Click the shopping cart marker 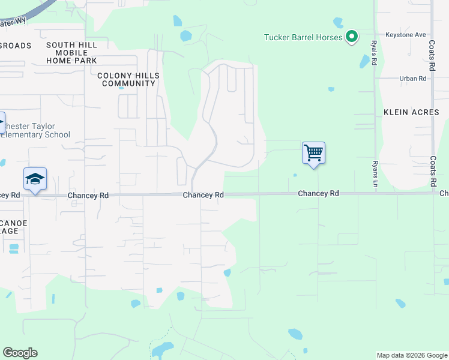313,153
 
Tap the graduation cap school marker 35,179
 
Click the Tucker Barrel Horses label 303,37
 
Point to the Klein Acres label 411,112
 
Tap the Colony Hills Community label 129,79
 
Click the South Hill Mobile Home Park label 71,53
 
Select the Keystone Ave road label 406,35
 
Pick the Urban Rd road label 412,79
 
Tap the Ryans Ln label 375,173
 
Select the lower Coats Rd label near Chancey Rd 433,171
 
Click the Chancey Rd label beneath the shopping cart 319,193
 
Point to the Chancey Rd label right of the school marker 88,196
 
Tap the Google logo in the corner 20,353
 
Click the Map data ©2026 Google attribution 412,355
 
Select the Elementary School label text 35,135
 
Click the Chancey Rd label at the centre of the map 203,195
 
